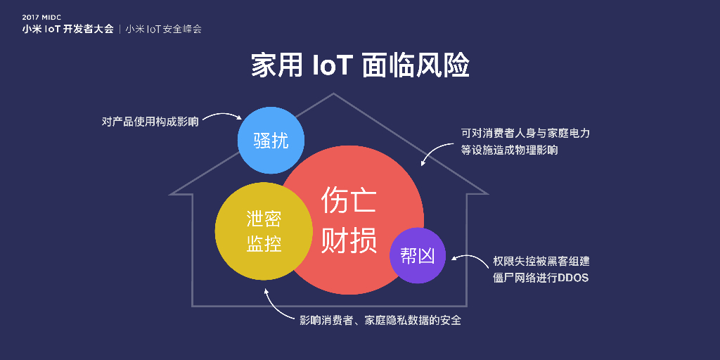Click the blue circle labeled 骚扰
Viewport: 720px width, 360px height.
pos(270,141)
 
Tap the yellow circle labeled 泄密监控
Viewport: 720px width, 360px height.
pos(264,231)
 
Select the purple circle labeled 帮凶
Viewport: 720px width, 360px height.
pos(418,255)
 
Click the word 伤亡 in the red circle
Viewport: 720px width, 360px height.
pos(349,201)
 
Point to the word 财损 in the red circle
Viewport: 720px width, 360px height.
pos(349,241)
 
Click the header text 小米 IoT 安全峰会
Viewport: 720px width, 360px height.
pos(164,30)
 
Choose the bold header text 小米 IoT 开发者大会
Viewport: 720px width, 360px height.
pos(67,30)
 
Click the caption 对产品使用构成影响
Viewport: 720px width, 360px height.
pos(150,121)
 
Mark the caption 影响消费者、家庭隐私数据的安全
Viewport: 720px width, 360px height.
pos(380,321)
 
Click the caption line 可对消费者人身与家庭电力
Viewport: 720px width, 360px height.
pos(525,132)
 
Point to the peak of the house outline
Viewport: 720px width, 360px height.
pos(333,94)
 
